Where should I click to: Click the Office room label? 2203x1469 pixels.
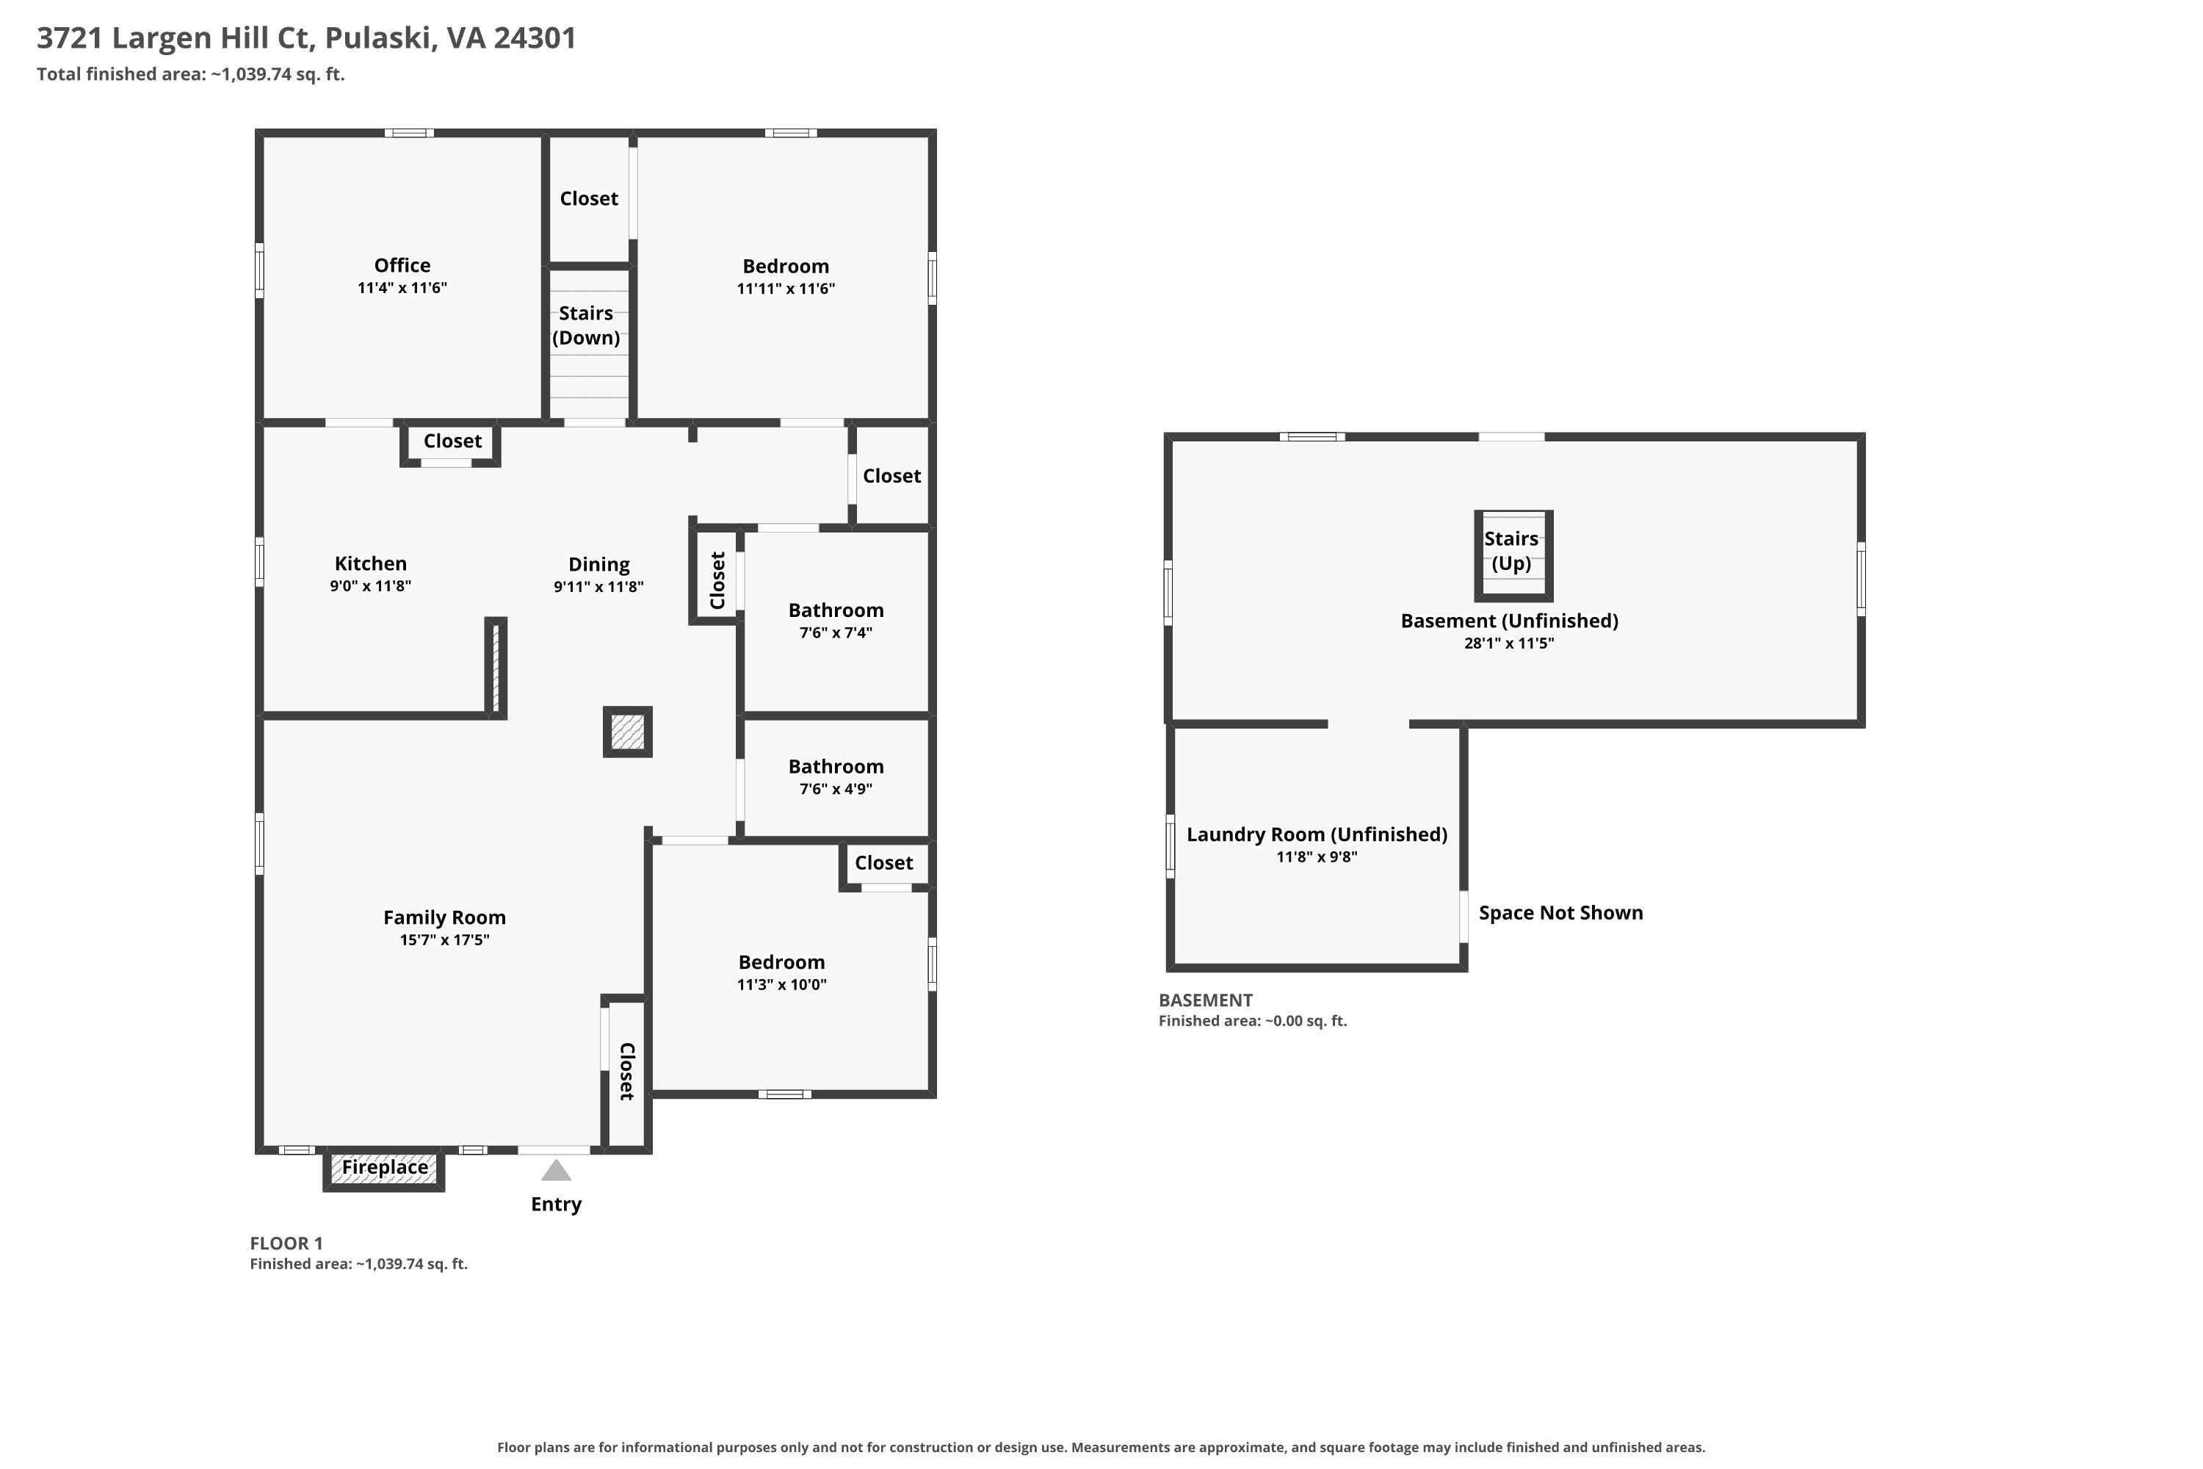pos(402,265)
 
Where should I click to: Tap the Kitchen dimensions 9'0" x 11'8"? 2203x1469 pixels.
pos(370,586)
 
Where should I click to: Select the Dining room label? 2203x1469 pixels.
pos(598,565)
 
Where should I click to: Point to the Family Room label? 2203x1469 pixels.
pos(444,918)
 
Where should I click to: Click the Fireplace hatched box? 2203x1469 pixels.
pos(384,1170)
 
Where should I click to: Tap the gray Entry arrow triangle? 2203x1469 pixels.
pos(557,1170)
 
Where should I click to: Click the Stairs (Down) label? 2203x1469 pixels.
pos(586,325)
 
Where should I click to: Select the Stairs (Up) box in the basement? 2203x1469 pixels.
pos(1513,555)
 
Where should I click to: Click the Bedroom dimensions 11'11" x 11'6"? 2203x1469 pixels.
pos(786,289)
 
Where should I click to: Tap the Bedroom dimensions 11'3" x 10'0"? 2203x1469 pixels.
pos(781,985)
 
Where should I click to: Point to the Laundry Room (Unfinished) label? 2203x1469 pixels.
pos(1317,834)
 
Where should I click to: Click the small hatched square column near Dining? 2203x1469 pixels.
pos(628,732)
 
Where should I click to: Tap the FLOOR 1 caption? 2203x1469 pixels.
pos(286,1244)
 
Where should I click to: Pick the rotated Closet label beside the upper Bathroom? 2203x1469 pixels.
pos(717,581)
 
